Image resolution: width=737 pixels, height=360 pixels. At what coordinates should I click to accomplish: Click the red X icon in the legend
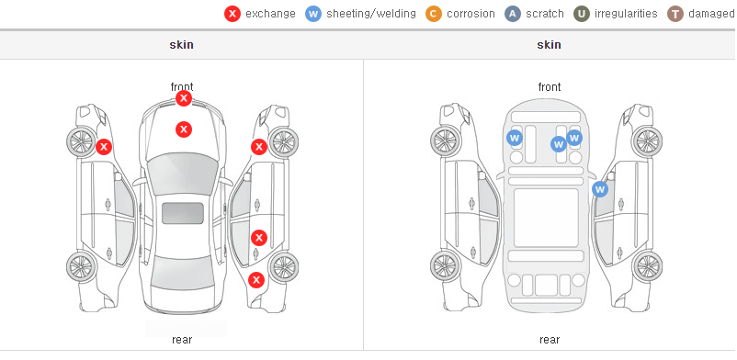click(x=232, y=14)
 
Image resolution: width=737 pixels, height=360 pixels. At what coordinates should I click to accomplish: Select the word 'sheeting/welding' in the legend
click(x=371, y=14)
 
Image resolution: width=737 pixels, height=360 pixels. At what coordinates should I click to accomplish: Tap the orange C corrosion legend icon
click(x=434, y=14)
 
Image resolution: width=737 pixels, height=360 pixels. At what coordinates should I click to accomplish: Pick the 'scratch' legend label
click(x=544, y=14)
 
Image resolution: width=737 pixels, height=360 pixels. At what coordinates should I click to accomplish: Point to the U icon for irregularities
click(x=582, y=14)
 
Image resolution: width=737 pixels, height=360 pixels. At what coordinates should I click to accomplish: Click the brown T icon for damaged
click(x=675, y=14)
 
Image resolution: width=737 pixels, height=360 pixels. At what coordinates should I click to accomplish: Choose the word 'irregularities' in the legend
click(x=626, y=14)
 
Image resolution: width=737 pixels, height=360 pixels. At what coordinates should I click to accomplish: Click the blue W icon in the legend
click(x=313, y=14)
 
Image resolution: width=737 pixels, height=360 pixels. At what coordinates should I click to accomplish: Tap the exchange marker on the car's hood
click(x=184, y=129)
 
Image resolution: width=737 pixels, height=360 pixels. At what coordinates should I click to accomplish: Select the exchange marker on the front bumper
click(x=184, y=98)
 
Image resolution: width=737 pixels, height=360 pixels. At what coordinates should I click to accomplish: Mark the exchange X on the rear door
click(x=259, y=238)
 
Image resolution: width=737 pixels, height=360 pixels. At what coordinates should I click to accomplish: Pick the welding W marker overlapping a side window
click(x=600, y=189)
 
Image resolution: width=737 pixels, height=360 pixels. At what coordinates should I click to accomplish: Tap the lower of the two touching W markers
click(x=559, y=144)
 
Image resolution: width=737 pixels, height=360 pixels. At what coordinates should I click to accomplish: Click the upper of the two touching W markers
click(x=574, y=138)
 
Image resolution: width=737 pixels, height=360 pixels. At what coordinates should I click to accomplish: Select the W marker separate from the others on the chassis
click(x=515, y=138)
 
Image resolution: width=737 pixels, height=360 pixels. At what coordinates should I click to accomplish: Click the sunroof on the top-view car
click(x=183, y=213)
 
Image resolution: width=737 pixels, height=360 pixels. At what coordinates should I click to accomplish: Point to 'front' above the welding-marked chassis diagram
click(x=550, y=87)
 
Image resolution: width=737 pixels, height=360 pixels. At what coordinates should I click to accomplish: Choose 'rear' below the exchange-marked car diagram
click(x=182, y=340)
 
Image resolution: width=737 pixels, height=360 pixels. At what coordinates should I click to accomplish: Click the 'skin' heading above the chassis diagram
click(x=549, y=45)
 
